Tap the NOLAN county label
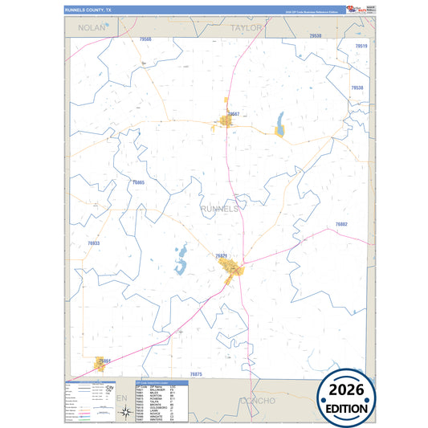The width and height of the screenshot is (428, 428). pyautogui.click(x=92, y=27)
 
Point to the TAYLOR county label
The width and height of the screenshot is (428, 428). pyautogui.click(x=247, y=27)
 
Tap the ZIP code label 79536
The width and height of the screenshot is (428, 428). pyautogui.click(x=315, y=37)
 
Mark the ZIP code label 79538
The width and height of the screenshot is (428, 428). pyautogui.click(x=357, y=88)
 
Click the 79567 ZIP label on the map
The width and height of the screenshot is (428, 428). pyautogui.click(x=234, y=115)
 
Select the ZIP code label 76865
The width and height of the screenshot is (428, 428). pyautogui.click(x=137, y=183)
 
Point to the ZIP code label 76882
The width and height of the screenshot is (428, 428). pyautogui.click(x=340, y=224)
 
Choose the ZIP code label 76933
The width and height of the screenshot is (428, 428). pyautogui.click(x=94, y=243)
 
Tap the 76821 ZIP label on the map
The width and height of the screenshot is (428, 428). pyautogui.click(x=222, y=256)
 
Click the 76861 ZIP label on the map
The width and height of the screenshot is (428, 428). pyautogui.click(x=104, y=361)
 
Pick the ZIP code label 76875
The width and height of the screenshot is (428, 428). pyautogui.click(x=197, y=374)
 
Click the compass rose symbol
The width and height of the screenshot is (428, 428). pyautogui.click(x=125, y=413)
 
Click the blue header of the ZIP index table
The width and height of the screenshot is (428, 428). pyautogui.click(x=161, y=381)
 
